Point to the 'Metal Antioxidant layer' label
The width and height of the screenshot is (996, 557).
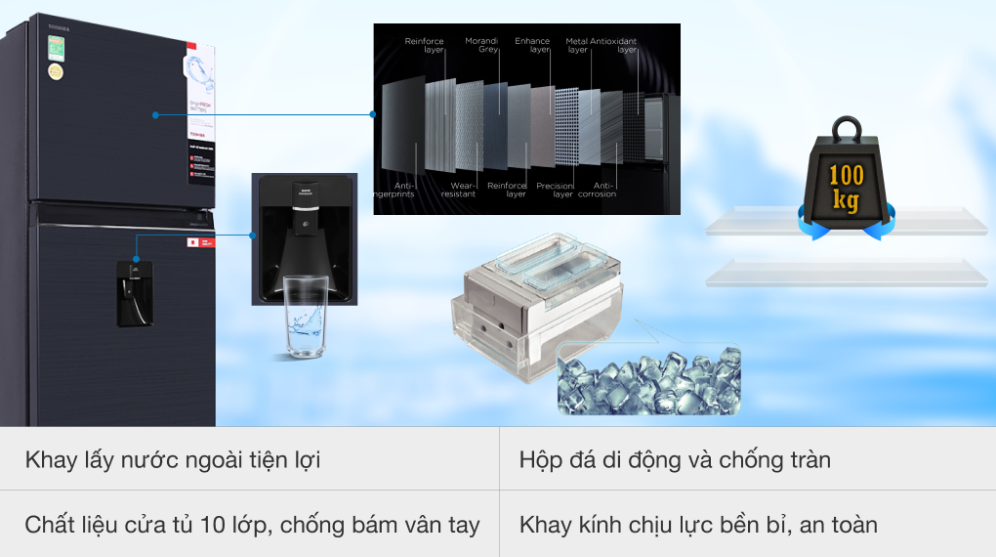pyautogui.click(x=601, y=46)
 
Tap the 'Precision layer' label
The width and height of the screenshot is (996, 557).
pyautogui.click(x=555, y=190)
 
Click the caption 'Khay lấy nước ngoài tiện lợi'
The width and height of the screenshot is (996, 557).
pyautogui.click(x=173, y=459)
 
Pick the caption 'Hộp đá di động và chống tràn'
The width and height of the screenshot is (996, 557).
pyautogui.click(x=675, y=459)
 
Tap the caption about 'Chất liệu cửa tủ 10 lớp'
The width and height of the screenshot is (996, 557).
pyautogui.click(x=253, y=525)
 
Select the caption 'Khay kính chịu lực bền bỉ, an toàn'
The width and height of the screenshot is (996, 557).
pyautogui.click(x=698, y=525)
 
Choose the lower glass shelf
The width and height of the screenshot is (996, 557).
pyautogui.click(x=846, y=273)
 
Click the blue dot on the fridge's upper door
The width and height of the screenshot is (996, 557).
pyautogui.click(x=154, y=115)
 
